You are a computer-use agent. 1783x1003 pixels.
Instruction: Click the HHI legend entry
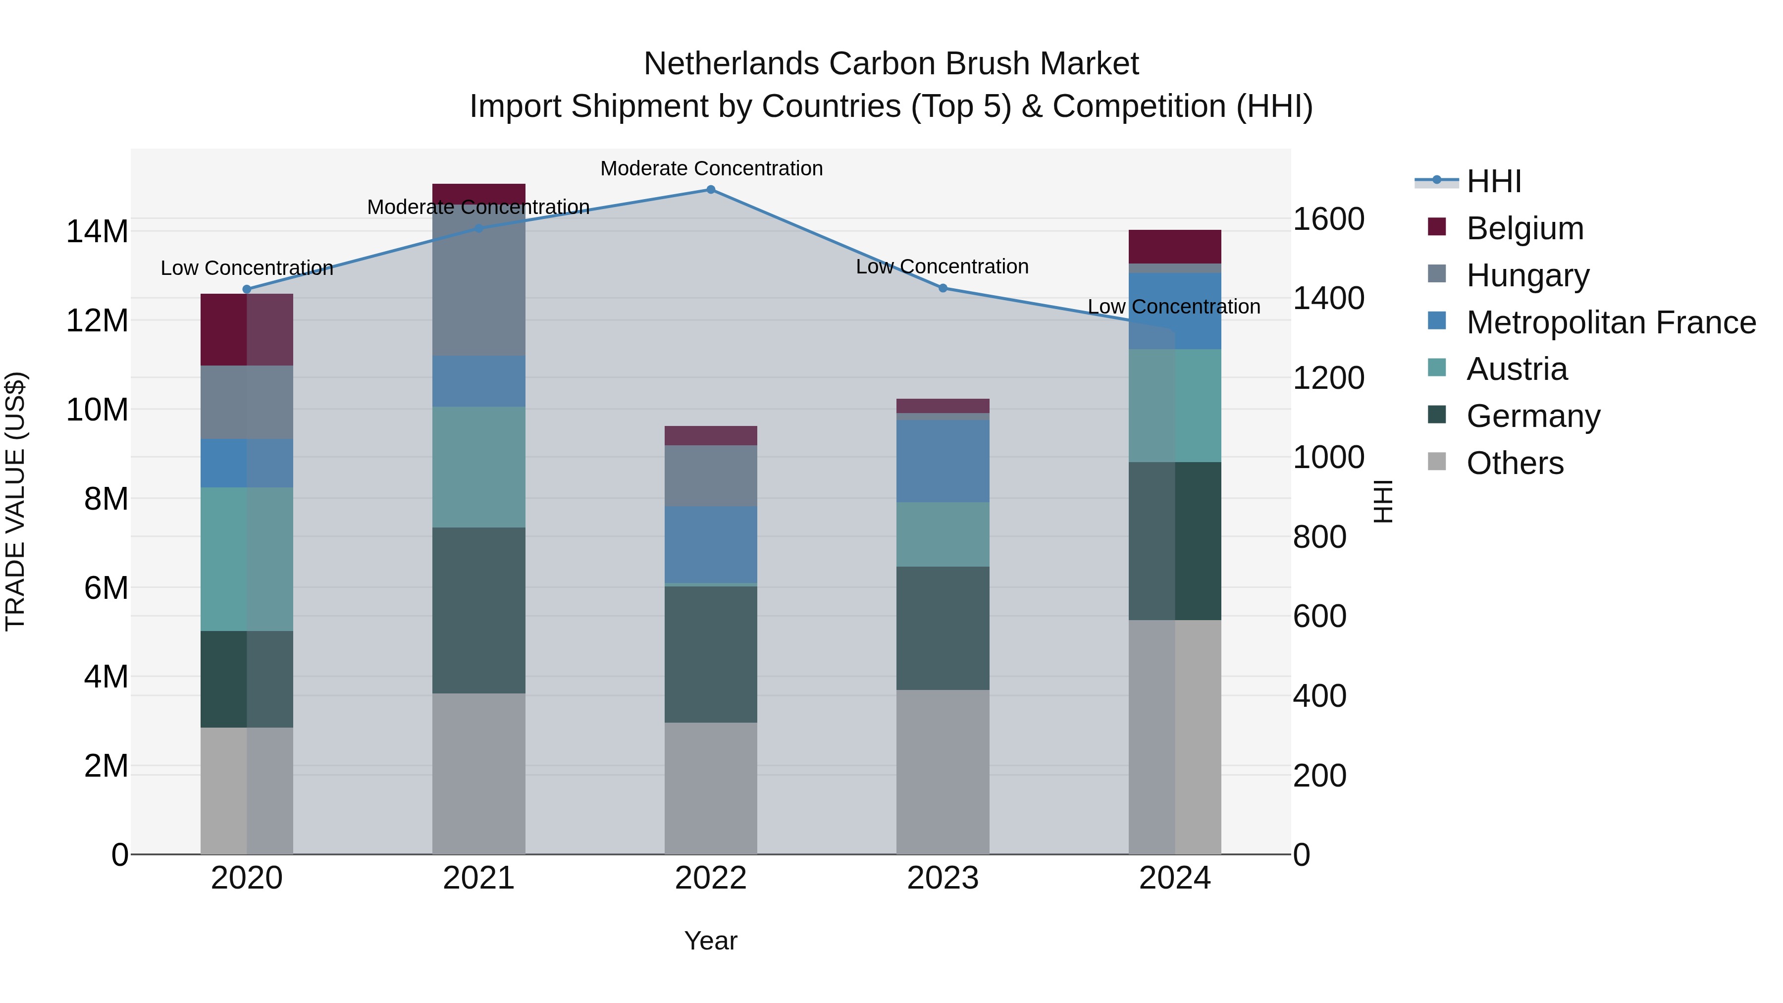click(1494, 181)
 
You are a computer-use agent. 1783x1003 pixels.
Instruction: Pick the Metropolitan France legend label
click(1611, 322)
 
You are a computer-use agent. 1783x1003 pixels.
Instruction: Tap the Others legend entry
click(1515, 463)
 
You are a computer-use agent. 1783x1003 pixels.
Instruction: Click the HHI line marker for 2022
click(711, 189)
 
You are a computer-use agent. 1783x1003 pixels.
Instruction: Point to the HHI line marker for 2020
click(247, 289)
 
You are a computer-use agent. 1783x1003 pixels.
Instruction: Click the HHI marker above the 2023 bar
click(943, 288)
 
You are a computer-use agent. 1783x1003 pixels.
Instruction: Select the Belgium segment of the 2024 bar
click(1175, 247)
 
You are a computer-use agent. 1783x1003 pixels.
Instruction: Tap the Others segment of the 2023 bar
click(943, 771)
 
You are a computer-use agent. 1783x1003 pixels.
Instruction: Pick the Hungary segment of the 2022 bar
click(711, 475)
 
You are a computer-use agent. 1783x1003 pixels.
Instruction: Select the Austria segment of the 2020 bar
click(247, 559)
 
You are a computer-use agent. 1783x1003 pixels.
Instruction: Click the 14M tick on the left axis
click(97, 231)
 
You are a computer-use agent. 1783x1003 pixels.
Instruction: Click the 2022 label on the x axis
click(711, 878)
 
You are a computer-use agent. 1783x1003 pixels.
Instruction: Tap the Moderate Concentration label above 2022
click(711, 168)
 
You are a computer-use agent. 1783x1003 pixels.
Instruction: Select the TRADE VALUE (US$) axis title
click(15, 501)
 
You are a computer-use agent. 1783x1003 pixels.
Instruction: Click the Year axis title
click(711, 941)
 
